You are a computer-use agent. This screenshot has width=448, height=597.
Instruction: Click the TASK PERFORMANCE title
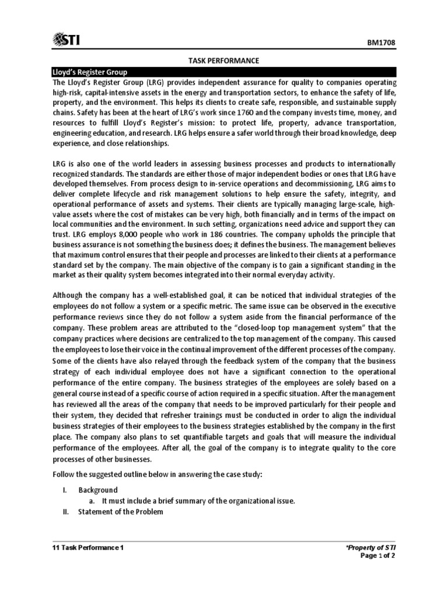[223, 61]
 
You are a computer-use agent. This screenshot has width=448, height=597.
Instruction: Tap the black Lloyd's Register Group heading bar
[223, 72]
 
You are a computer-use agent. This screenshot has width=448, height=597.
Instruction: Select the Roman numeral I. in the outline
[65, 490]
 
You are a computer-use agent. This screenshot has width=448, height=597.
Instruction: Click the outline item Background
[98, 490]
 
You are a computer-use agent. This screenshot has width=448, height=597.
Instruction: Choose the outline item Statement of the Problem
[121, 512]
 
